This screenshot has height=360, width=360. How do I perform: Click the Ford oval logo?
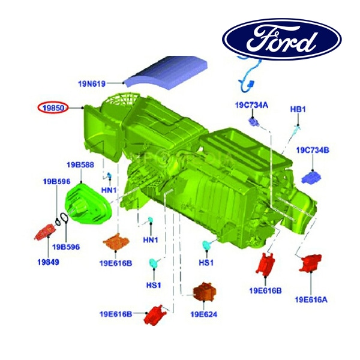[x=282, y=39]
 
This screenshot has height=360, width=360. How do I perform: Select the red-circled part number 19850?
[x=53, y=107]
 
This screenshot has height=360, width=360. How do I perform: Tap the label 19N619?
[x=92, y=84]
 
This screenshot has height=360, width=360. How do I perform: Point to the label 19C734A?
[x=251, y=105]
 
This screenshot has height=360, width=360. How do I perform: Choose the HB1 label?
[x=298, y=109]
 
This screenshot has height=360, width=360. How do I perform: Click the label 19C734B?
[x=313, y=150]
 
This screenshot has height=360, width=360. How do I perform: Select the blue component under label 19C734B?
[x=311, y=178]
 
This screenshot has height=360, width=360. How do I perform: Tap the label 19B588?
[x=80, y=165]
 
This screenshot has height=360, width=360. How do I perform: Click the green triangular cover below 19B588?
[x=88, y=203]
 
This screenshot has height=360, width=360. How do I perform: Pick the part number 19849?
[x=48, y=262]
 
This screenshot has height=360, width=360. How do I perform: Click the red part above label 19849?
[x=45, y=232]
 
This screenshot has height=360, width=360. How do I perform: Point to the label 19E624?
[x=204, y=314]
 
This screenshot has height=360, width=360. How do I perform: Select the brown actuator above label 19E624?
[x=205, y=292]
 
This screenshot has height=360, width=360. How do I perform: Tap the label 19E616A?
[x=311, y=299]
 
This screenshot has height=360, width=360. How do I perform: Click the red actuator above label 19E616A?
[x=310, y=263]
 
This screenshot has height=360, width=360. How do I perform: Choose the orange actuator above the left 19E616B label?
[x=116, y=242]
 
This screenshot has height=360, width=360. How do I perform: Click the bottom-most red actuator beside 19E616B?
[x=155, y=315]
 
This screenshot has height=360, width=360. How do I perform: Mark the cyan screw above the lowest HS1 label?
[x=153, y=262]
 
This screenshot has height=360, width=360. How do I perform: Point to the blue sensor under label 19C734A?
[x=254, y=122]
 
